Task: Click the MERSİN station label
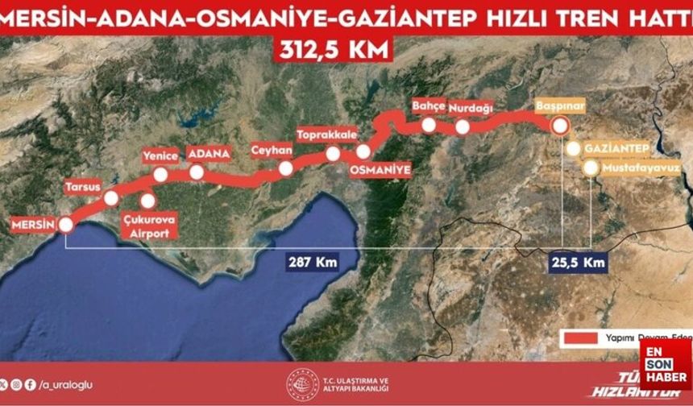coord(32,224)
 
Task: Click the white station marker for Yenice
coord(161,175)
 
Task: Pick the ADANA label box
coord(208,153)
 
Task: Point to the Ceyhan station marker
coord(285,168)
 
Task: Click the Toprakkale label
coord(327,135)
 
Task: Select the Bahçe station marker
coord(429,125)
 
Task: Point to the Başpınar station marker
coord(559,126)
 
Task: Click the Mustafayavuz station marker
coord(591,168)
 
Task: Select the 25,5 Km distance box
coord(576,263)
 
